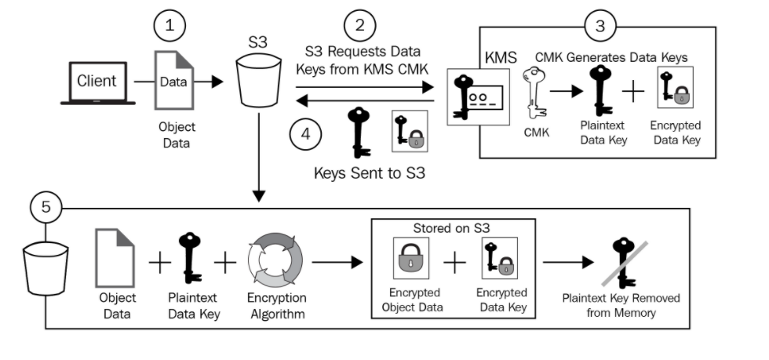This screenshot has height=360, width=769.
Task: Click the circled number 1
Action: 169,26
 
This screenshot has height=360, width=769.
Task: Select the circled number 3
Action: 600,26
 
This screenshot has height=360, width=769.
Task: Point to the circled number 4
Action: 305,134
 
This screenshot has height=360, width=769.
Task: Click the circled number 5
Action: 46,208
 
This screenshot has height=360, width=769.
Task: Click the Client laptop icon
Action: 97,83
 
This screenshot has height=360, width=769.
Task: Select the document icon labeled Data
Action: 174,80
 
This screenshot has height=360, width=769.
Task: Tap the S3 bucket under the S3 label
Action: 258,80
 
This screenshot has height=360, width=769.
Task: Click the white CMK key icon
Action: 534,93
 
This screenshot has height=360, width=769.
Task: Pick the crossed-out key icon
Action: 624,263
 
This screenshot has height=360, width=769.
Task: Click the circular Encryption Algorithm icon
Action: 275,260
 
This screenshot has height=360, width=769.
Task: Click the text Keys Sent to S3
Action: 370,173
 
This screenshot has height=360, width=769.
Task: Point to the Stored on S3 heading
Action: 452,228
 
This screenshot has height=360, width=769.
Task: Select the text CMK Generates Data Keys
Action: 611,57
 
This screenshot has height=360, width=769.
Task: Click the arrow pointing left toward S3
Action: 366,101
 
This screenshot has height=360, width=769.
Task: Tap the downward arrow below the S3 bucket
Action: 258,157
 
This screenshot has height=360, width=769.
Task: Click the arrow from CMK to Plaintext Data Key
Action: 567,91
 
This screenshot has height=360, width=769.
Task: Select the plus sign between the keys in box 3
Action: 633,92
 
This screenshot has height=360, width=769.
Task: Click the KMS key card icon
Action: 478,96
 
